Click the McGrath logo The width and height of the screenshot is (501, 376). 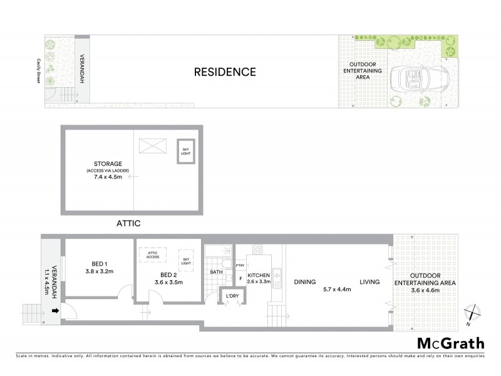450,343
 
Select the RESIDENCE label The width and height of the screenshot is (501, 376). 224,72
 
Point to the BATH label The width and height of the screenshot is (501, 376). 217,272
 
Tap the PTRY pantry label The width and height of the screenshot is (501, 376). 239,265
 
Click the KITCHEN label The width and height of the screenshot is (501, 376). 259,275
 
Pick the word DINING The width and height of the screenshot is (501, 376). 304,282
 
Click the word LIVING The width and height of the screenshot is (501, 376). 369,282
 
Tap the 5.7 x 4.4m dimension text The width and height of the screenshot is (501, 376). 337,289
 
